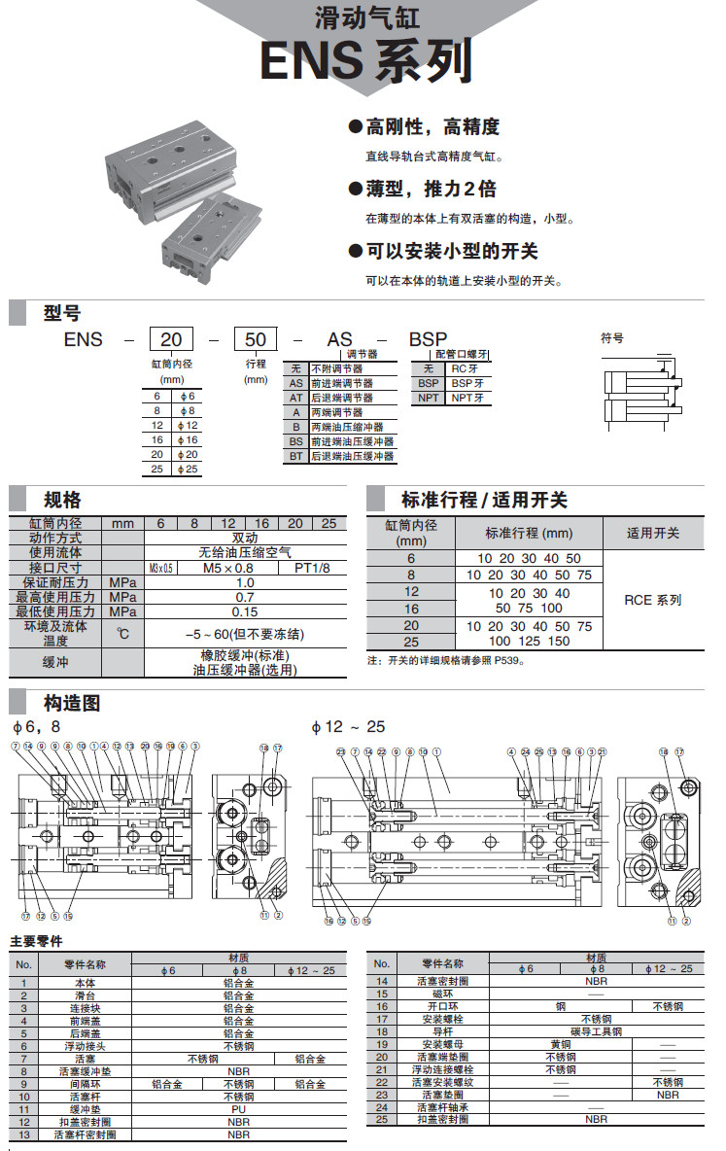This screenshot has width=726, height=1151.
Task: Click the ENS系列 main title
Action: tap(366, 59)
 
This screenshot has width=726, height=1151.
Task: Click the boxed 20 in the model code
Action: tap(171, 339)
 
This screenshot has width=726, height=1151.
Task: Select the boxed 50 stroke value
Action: tap(256, 339)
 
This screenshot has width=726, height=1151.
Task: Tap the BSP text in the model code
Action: tap(428, 339)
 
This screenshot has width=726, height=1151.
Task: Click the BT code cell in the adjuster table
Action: tap(296, 455)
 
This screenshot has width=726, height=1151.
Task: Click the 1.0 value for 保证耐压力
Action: tap(246, 581)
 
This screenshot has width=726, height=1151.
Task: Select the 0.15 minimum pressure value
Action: tap(246, 611)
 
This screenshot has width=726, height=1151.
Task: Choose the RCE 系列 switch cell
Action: tap(652, 600)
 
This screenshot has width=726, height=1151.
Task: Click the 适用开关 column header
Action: tap(652, 533)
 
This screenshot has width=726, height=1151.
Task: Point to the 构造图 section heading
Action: tap(72, 703)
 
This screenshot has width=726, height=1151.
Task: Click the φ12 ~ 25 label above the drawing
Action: tap(348, 727)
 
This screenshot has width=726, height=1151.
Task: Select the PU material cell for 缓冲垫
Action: tap(238, 1109)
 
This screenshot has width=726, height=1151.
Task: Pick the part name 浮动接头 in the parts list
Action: tap(85, 1046)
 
